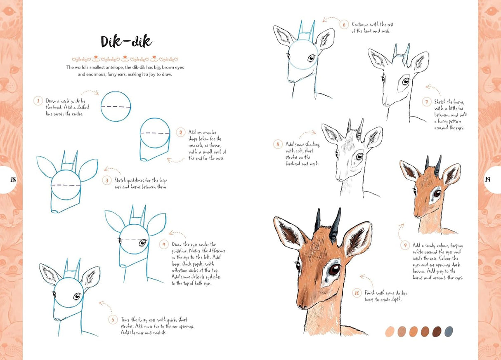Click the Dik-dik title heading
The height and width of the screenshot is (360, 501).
click(126, 41)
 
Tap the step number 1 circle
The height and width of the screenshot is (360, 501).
click(38, 101)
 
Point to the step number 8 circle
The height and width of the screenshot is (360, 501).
click(278, 144)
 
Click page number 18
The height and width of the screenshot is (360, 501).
click(13, 179)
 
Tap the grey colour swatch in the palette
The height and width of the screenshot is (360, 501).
click(449, 332)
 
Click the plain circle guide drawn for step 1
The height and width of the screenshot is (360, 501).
click(116, 106)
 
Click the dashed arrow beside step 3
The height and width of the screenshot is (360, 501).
click(110, 169)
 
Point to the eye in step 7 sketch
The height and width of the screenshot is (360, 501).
click(406, 81)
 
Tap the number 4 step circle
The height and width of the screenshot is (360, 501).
click(164, 245)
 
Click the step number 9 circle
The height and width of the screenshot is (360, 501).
click(405, 245)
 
